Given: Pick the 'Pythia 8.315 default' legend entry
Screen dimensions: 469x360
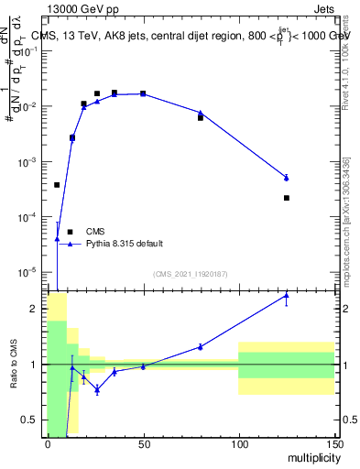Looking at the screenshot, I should coord(125,244).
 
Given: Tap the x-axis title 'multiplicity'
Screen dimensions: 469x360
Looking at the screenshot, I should coord(310,456).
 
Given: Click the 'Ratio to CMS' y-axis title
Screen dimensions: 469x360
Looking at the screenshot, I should coord(14,365).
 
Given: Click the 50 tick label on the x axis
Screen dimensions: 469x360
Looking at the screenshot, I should coord(143,444).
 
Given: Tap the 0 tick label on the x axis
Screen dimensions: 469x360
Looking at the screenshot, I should coord(48,444).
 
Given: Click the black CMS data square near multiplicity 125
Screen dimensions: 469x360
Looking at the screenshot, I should coord(287,198).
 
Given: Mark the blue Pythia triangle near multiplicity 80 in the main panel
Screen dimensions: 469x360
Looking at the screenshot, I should coord(201,113).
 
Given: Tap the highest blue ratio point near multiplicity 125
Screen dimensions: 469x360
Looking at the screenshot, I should coord(287,296).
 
